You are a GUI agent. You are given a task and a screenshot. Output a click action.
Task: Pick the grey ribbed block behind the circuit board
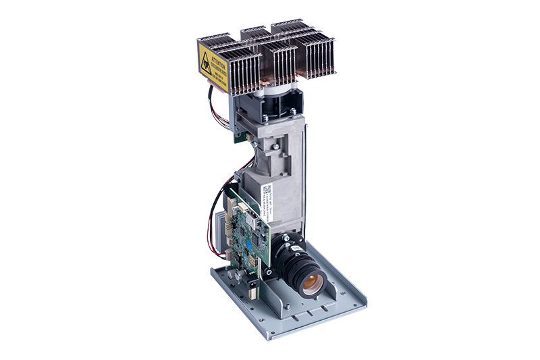(x=221, y=230)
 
